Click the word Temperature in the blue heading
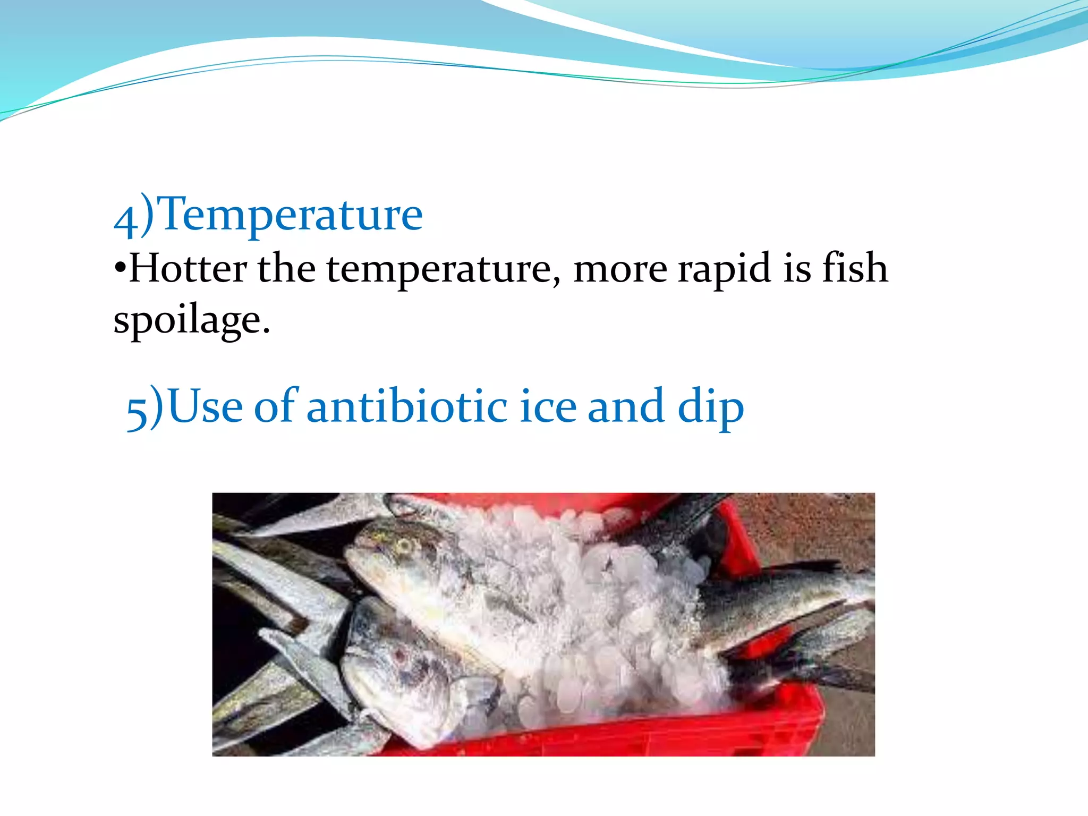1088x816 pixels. [291, 215]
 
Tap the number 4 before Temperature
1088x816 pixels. [126, 219]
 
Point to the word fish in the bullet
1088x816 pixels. [855, 268]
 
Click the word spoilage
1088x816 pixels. [191, 320]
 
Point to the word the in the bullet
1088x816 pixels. [287, 269]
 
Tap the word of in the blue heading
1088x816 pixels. [276, 407]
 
